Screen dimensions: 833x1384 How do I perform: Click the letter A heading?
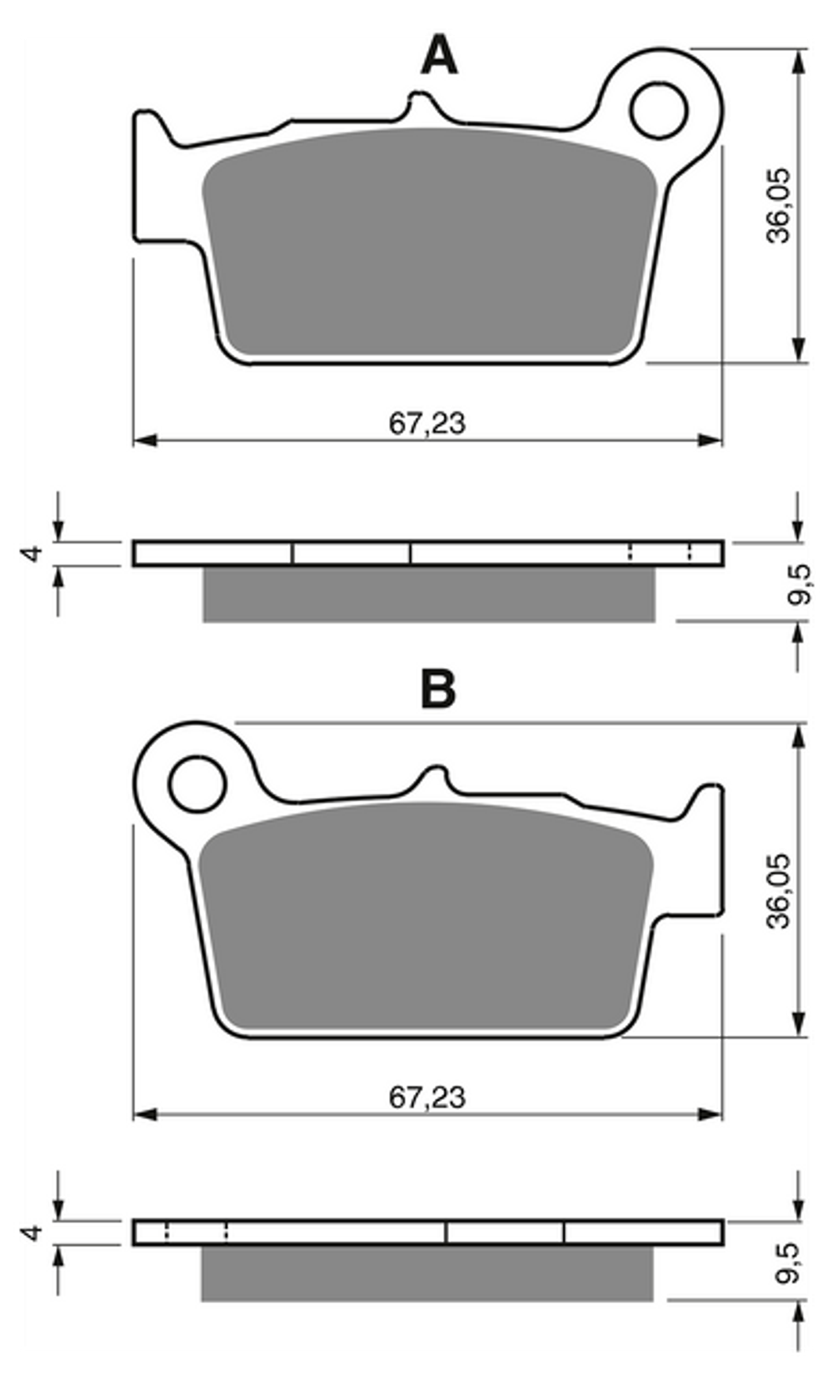coord(439,55)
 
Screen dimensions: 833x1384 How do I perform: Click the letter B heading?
coord(438,688)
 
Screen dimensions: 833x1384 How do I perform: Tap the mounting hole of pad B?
coord(197,784)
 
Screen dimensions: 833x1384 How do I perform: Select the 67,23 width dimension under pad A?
coord(427,424)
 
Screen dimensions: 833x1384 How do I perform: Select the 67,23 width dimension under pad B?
coord(427,1098)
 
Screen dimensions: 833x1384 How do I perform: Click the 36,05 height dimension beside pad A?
coord(778,205)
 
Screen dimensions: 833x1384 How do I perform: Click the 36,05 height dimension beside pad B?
coord(778,891)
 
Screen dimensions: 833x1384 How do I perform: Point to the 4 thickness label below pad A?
coord(32,553)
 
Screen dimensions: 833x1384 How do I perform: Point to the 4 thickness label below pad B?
coord(32,1232)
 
